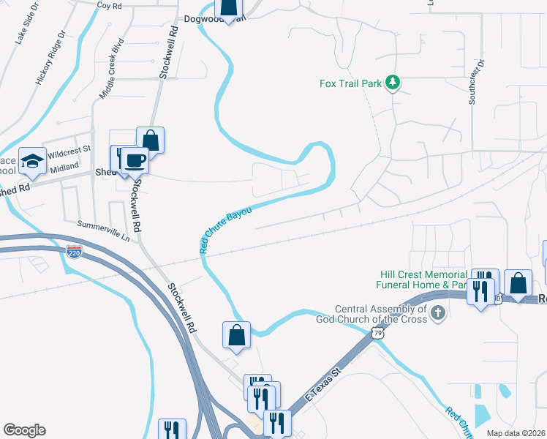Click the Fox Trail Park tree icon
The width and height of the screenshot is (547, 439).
(x=393, y=83)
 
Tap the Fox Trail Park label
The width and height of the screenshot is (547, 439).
(x=351, y=83)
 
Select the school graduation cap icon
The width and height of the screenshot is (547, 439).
(x=31, y=162)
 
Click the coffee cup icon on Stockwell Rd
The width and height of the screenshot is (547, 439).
(x=135, y=160)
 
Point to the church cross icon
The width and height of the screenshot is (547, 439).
(x=437, y=314)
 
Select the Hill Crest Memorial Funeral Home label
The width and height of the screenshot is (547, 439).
(x=421, y=279)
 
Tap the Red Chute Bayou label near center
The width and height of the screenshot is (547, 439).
(x=226, y=230)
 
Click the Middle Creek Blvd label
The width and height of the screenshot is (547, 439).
(x=113, y=73)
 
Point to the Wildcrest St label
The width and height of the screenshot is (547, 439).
(x=69, y=151)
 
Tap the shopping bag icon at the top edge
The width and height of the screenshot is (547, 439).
(x=229, y=9)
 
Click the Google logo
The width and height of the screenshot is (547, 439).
(x=24, y=430)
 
